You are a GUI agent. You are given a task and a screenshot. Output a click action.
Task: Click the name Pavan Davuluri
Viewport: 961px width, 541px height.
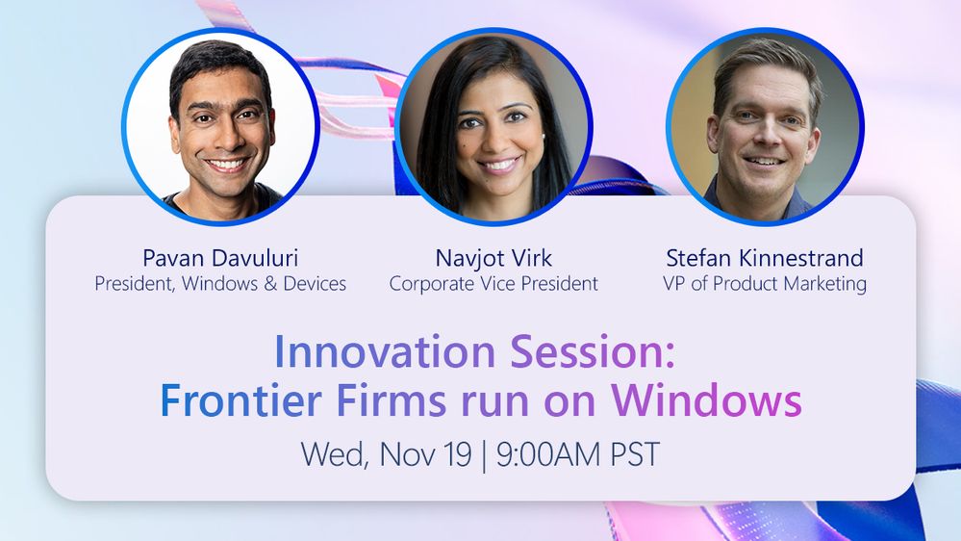pos(220,258)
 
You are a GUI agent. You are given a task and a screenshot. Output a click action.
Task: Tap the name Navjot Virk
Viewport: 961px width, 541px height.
pos(493,258)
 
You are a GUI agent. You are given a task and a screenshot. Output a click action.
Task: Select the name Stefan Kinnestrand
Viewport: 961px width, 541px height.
pos(765,258)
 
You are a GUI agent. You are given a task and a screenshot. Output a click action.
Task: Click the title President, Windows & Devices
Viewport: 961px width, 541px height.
pos(220,283)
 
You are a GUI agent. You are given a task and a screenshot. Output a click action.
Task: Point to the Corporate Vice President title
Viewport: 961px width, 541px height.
pos(493,283)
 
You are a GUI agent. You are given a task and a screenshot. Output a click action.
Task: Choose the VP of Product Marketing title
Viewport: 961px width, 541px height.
pos(765,284)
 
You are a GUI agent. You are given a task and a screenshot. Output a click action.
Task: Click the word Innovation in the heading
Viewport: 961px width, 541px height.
pos(384,351)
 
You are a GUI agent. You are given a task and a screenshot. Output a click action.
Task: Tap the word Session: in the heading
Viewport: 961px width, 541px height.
pos(593,351)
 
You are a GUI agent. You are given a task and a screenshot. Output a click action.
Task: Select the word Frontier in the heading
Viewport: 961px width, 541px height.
pos(240,400)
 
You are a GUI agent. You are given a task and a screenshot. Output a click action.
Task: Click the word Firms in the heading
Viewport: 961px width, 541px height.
pos(391,400)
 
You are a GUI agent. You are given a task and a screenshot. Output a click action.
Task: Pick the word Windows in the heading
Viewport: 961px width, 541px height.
pos(707,400)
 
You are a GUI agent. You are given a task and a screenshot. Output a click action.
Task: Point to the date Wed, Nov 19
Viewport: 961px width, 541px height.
pos(386,454)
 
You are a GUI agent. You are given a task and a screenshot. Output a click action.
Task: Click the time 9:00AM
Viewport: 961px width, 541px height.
pos(548,454)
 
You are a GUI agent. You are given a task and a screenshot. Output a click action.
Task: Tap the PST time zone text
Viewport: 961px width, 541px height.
pos(635,454)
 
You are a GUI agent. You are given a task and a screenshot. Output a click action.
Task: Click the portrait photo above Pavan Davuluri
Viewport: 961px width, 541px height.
pos(220,126)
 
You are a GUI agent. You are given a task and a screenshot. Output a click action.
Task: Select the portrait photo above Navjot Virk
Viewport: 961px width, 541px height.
pos(493,126)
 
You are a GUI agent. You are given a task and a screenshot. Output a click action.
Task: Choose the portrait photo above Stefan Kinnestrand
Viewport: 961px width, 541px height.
pos(765,126)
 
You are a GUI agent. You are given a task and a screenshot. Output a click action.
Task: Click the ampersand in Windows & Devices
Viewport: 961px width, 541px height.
pos(271,283)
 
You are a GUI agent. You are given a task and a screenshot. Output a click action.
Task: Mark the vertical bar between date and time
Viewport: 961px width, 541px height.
pos(484,455)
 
